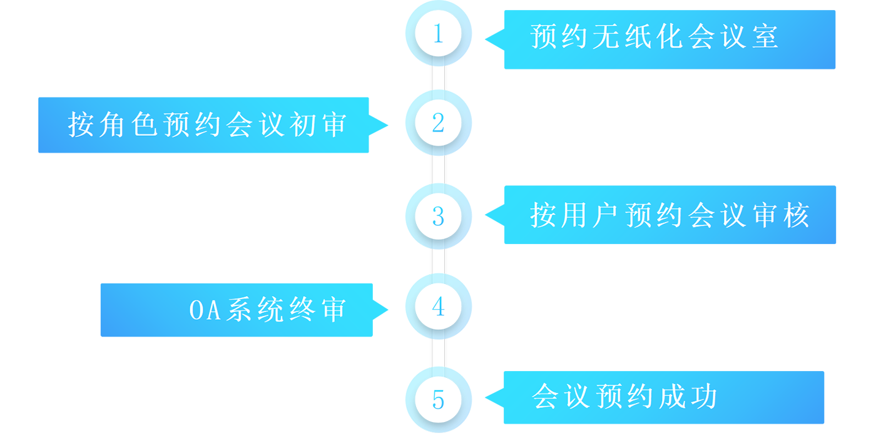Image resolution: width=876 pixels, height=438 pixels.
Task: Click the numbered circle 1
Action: (438, 33)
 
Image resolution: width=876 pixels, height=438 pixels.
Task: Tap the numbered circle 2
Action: (438, 124)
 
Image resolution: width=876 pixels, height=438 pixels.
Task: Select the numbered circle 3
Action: (438, 216)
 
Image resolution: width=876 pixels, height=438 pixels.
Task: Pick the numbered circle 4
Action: (438, 307)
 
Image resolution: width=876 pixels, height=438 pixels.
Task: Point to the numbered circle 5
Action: (438, 399)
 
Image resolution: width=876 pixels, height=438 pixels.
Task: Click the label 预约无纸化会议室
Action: (654, 36)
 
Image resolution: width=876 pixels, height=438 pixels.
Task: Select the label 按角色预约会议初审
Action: (207, 125)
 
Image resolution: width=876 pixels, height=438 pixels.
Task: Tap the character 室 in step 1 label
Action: (765, 36)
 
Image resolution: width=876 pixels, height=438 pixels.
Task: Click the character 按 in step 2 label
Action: (81, 125)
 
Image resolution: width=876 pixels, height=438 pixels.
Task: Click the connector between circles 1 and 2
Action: (438, 79)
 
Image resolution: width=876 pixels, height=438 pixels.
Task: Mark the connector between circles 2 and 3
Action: (438, 170)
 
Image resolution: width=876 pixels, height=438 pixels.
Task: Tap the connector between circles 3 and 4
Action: (438, 262)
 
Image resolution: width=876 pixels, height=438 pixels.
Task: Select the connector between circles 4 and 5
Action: (438, 353)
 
